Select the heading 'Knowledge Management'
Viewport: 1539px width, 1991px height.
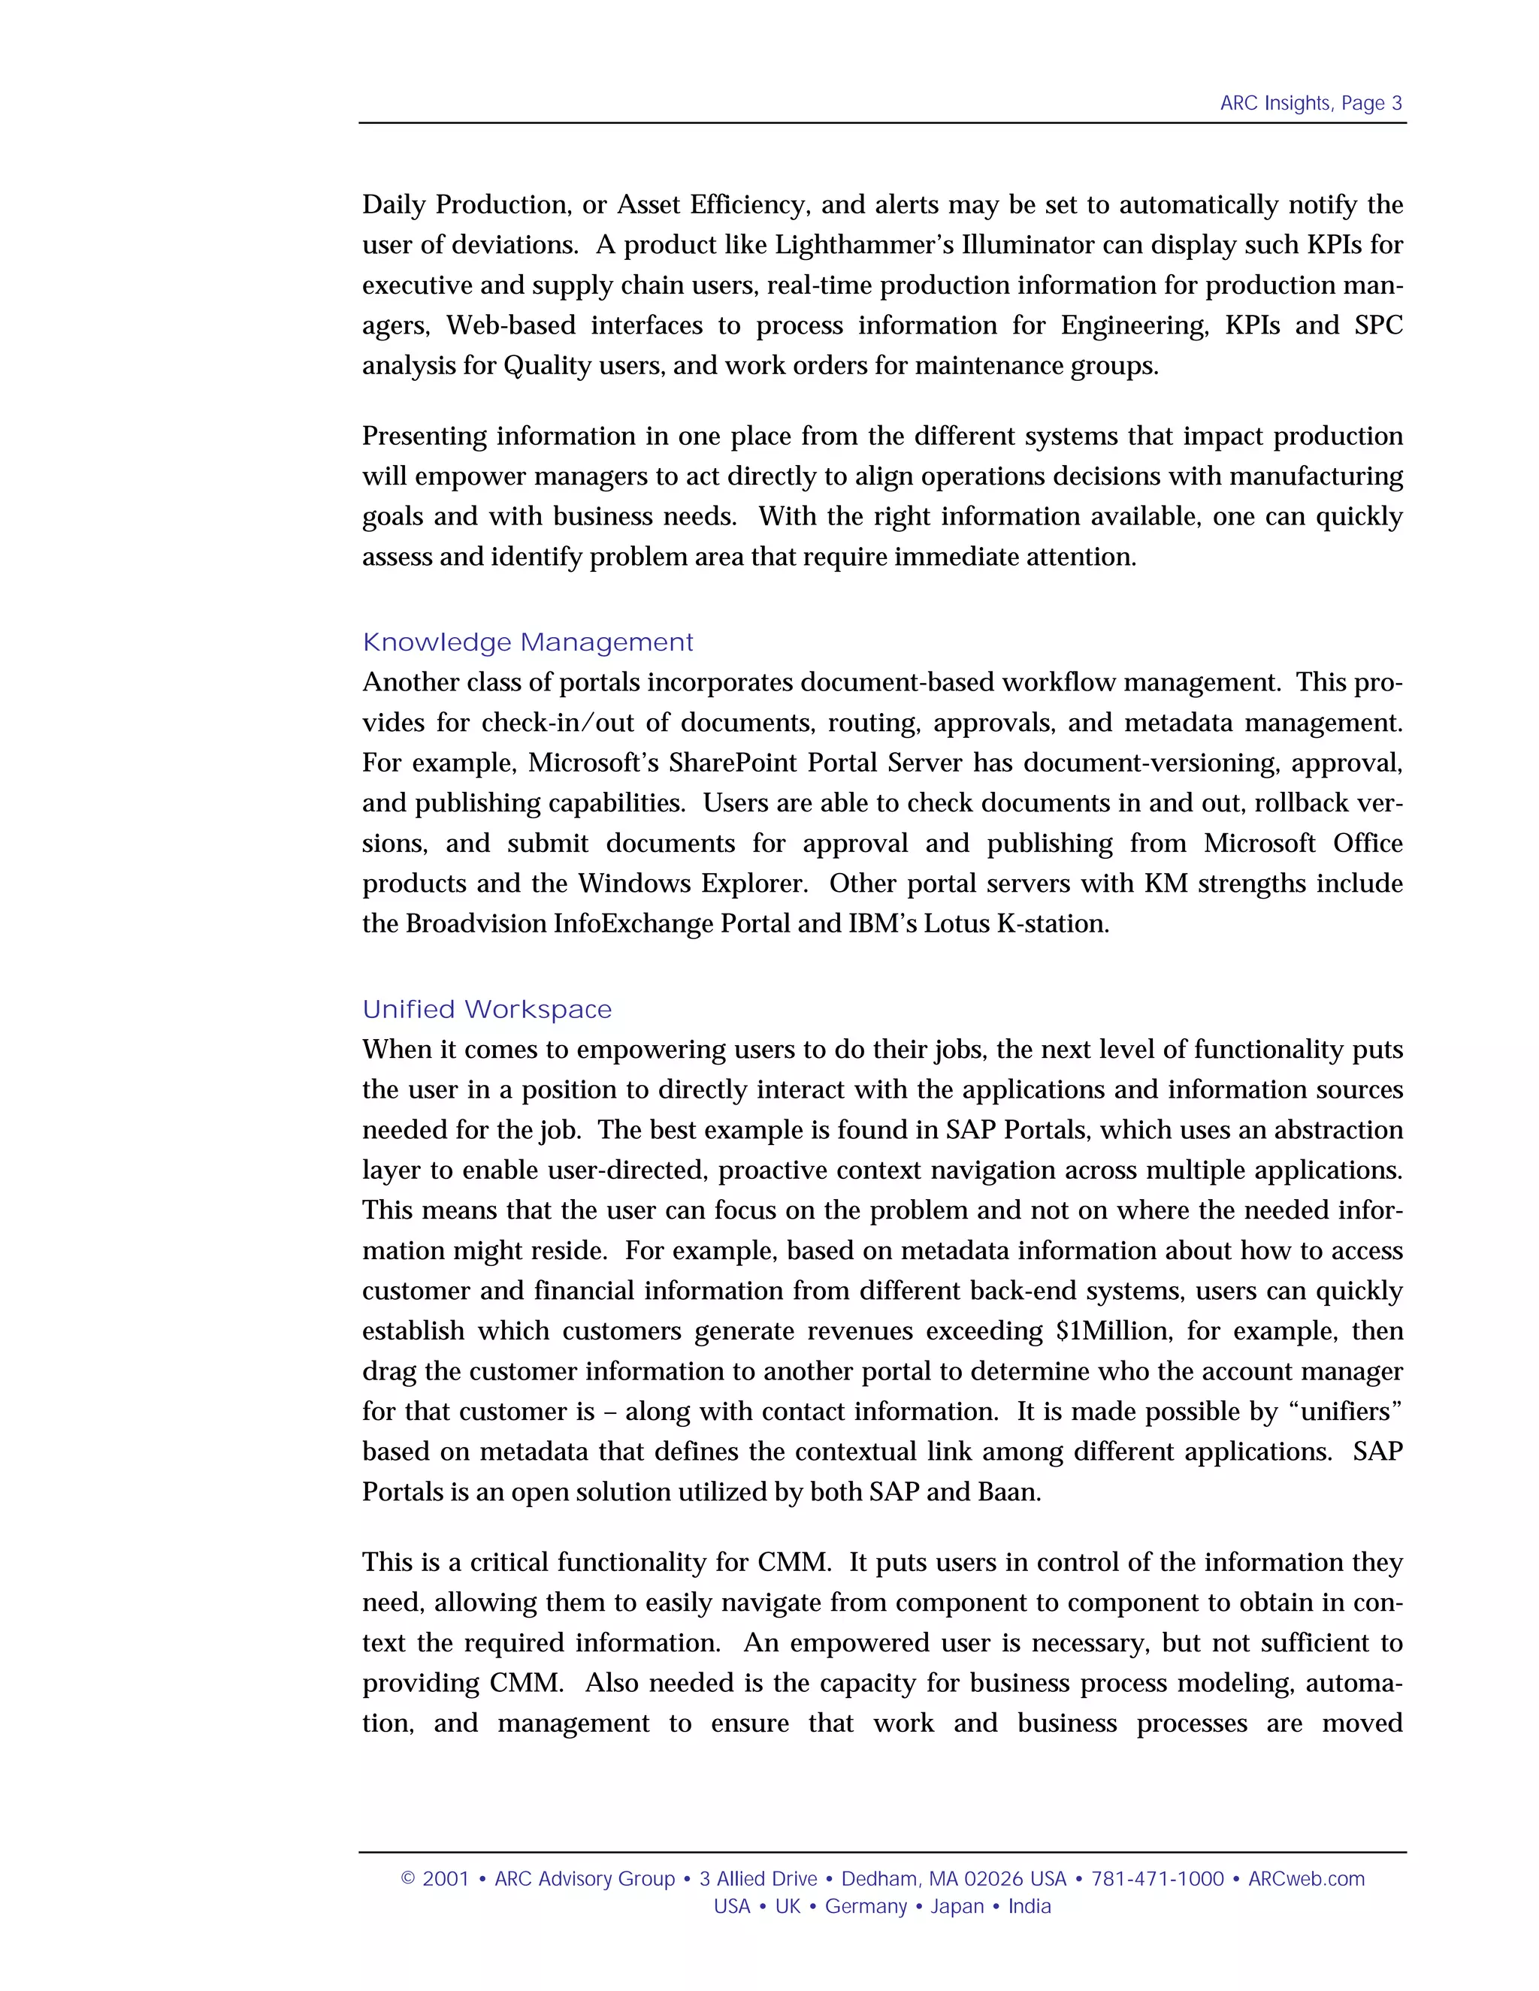528,642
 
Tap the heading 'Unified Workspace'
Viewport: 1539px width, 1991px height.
487,1010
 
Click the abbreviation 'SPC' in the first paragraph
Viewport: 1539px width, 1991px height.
1377,325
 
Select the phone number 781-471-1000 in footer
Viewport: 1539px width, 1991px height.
1157,1879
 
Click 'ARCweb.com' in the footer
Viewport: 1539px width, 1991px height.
1305,1879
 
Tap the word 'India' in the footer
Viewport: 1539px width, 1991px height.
1030,1906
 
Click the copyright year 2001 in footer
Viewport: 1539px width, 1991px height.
445,1879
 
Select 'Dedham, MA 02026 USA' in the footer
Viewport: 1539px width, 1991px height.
953,1879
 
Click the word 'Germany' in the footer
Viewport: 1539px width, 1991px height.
865,1906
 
